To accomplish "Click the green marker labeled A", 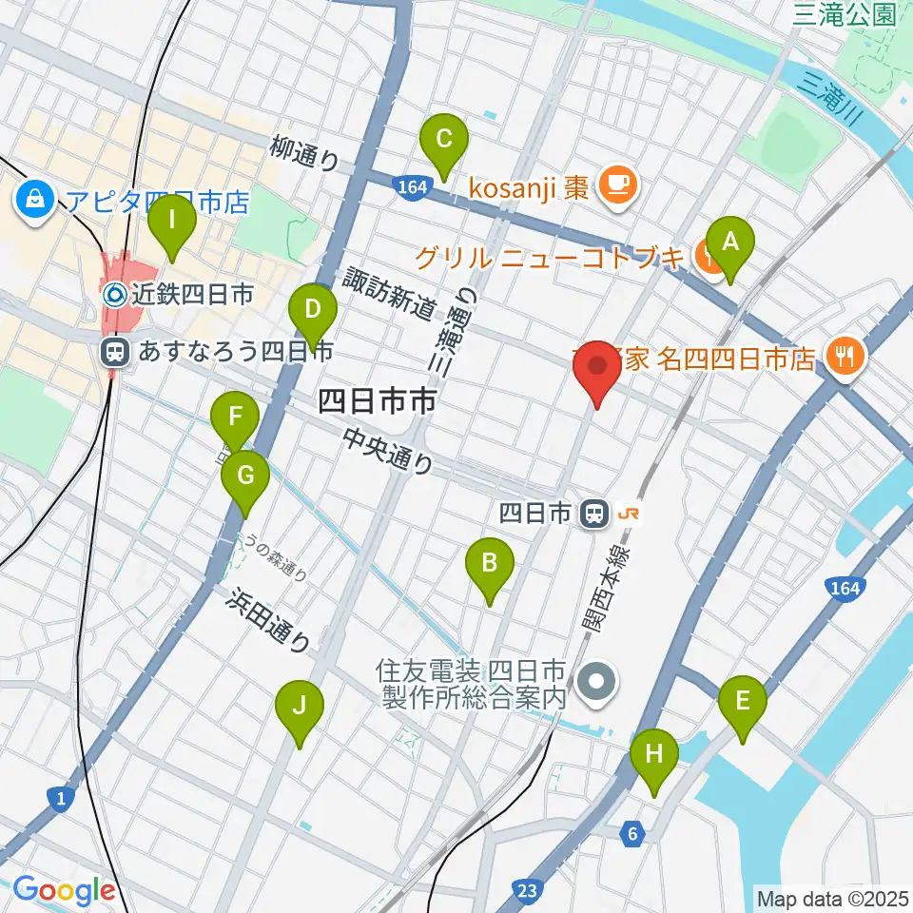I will (x=729, y=243).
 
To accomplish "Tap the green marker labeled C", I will (x=444, y=140).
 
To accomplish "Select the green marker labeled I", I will (x=172, y=222).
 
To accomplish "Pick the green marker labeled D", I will (x=312, y=310).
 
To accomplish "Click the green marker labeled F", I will (x=233, y=418).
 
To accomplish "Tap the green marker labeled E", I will (x=743, y=702).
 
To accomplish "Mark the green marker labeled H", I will (x=654, y=755).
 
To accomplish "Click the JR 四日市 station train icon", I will (x=595, y=515).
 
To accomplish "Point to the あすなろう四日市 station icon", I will (x=115, y=353).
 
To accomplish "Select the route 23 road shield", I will (x=530, y=890).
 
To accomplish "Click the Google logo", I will (x=64, y=890).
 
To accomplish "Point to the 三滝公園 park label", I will (x=845, y=13).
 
